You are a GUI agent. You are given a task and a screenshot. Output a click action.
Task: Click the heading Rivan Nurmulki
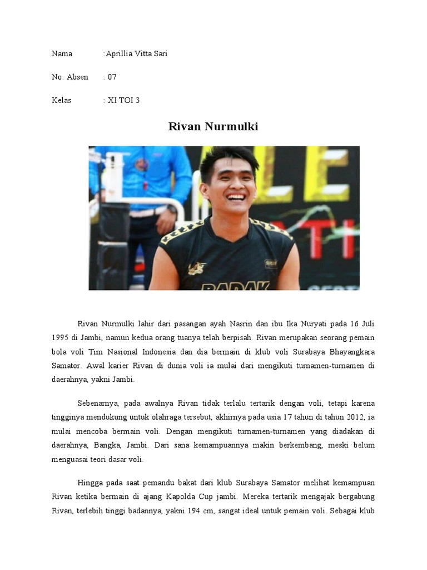click(x=213, y=127)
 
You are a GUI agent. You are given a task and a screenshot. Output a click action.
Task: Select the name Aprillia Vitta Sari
click(x=137, y=54)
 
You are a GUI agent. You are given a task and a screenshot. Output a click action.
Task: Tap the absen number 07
click(x=112, y=77)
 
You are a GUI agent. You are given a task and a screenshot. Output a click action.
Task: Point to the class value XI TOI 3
click(x=123, y=100)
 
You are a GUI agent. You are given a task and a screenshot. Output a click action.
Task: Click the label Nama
click(x=62, y=54)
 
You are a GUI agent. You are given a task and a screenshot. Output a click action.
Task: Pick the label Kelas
click(x=62, y=100)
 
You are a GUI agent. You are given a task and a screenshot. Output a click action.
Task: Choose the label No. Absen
click(x=69, y=77)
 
